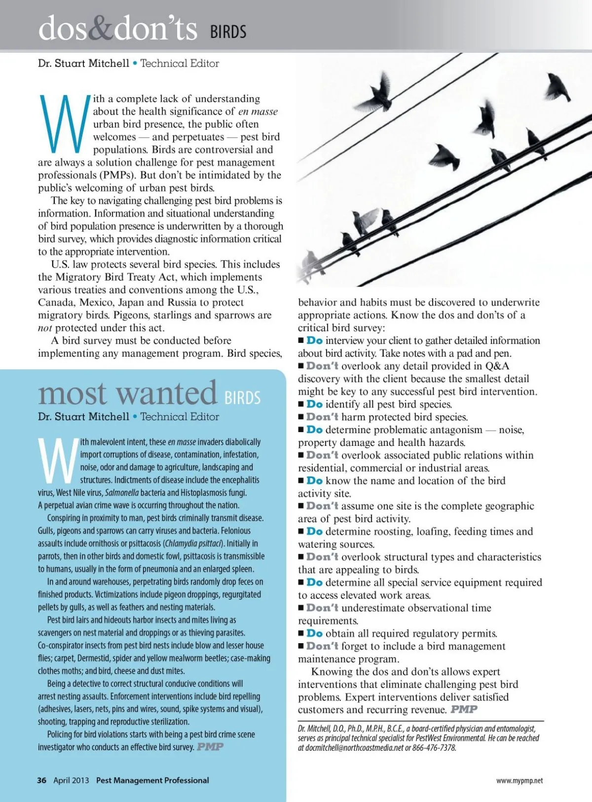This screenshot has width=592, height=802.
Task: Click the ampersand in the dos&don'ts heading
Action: (x=101, y=29)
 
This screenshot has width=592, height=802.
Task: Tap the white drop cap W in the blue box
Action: (x=58, y=461)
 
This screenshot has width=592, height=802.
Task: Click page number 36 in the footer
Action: (x=42, y=780)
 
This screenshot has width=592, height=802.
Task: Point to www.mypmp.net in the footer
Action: (x=519, y=781)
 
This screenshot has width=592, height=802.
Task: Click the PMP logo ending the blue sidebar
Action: (x=210, y=747)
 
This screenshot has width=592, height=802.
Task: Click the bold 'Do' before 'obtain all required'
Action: (x=314, y=633)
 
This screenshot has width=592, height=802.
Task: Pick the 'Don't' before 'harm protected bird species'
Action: (x=322, y=417)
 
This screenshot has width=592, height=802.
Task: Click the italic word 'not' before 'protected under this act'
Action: (x=45, y=328)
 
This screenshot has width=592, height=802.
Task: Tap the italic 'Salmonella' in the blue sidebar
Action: (x=122, y=493)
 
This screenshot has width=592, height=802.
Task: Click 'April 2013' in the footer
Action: (x=71, y=780)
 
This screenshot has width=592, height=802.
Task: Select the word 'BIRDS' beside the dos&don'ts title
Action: (x=228, y=32)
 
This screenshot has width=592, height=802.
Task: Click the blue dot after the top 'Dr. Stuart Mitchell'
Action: (x=135, y=63)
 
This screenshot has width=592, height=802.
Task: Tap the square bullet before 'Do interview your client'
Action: (x=301, y=341)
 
